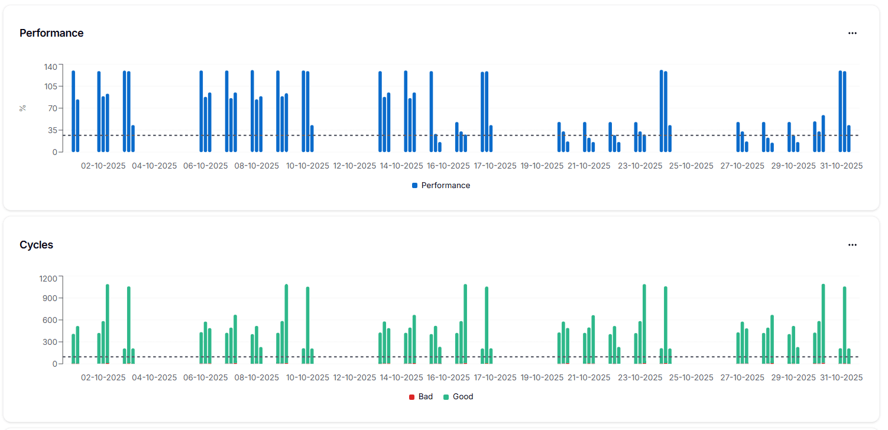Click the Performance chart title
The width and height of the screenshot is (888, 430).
coord(51,33)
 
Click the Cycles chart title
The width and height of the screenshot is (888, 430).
coord(36,245)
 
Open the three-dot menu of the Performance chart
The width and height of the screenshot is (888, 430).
coord(852,33)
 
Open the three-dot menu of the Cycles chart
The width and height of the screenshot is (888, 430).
coord(852,245)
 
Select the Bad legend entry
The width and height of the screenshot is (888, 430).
coord(421,397)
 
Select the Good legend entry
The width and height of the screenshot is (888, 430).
coord(458,397)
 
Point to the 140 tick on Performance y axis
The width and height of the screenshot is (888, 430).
coord(50,67)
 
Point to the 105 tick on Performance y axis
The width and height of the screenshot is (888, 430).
coord(50,86)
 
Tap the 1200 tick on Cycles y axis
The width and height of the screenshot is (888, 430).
coord(47,278)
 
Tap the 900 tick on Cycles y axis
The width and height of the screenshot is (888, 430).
coord(50,298)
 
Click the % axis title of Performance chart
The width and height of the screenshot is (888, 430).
coord(22,108)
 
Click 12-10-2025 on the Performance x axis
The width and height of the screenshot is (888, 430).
coord(355,166)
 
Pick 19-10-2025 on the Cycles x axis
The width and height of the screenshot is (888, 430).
coord(542,377)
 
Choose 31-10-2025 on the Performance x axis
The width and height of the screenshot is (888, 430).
coord(841,166)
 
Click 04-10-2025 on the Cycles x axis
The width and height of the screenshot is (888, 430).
coord(154,377)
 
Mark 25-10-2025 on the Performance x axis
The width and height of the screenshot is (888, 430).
coord(691,166)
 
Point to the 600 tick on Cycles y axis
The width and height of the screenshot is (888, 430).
coord(50,320)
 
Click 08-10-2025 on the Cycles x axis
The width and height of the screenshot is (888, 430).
coord(257,377)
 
